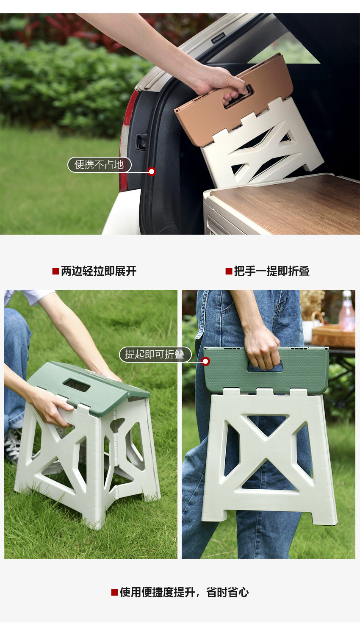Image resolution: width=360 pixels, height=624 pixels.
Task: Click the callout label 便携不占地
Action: pyautogui.click(x=100, y=165)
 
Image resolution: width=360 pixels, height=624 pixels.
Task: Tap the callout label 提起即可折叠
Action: pyautogui.click(x=155, y=355)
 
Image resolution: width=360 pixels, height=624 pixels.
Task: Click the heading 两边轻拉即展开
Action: pyautogui.click(x=99, y=271)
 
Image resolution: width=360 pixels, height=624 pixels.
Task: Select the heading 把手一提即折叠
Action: pyautogui.click(x=272, y=271)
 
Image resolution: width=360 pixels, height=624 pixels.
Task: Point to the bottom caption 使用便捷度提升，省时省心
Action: pyautogui.click(x=184, y=592)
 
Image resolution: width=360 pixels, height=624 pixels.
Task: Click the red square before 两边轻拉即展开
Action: pyautogui.click(x=55, y=271)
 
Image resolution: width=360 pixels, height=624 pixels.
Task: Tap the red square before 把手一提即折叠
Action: pyautogui.click(x=229, y=271)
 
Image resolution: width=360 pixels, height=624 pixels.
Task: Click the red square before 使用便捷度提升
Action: pyautogui.click(x=114, y=592)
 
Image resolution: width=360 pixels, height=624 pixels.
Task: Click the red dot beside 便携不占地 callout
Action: pyautogui.click(x=152, y=172)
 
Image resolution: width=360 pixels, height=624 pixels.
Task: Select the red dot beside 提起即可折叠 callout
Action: pyautogui.click(x=205, y=361)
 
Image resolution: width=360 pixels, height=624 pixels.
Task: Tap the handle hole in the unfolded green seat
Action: pyautogui.click(x=77, y=385)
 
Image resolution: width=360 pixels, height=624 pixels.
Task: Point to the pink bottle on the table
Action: pyautogui.click(x=346, y=311)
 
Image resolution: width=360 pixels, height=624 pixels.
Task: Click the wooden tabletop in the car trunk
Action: pyautogui.click(x=288, y=203)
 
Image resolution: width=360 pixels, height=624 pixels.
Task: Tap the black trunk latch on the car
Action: pyautogui.click(x=141, y=141)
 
